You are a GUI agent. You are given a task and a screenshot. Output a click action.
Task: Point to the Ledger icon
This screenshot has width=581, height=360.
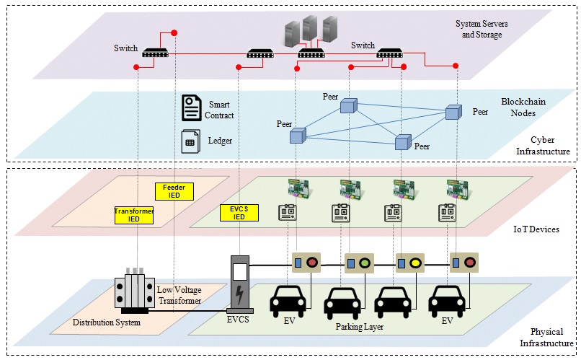(190, 141)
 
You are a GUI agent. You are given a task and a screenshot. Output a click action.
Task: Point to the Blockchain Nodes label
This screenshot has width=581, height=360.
(533, 109)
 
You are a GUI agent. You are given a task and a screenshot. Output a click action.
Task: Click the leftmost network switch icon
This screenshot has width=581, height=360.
(155, 52)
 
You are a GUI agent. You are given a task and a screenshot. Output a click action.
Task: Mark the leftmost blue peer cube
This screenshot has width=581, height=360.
(298, 135)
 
